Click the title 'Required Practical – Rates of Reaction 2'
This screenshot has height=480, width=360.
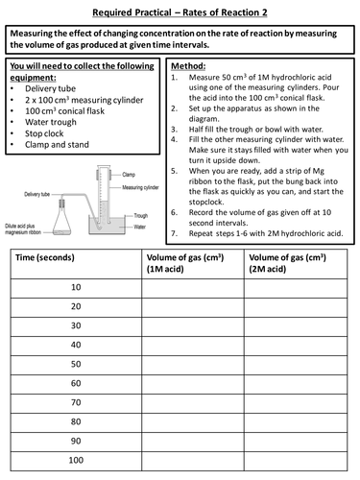180,12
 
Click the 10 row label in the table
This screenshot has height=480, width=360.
76,287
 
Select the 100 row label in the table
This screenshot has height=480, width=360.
76,462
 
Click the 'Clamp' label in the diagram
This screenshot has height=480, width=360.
128,175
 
